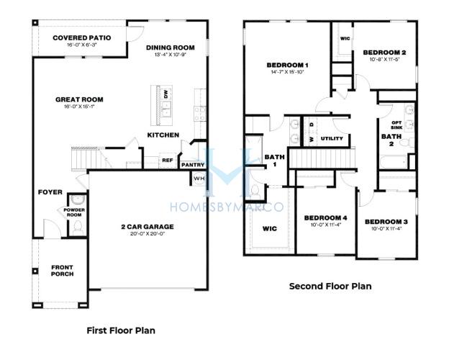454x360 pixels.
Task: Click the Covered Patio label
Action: (x=82, y=37)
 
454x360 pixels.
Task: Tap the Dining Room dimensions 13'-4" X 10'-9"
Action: (x=170, y=55)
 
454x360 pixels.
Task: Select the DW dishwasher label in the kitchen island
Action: (x=166, y=94)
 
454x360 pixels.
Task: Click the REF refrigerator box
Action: (x=168, y=161)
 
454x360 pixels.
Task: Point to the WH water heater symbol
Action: (x=199, y=179)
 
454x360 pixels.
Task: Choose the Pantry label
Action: (x=193, y=165)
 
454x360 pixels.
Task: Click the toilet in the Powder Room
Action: (x=78, y=228)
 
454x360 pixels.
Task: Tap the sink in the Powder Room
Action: (x=78, y=199)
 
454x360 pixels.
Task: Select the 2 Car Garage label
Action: (x=147, y=227)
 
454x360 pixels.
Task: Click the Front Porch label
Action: (x=63, y=271)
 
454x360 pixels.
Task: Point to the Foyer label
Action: (x=50, y=192)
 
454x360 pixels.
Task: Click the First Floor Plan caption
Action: (x=121, y=330)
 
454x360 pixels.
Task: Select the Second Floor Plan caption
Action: (x=330, y=287)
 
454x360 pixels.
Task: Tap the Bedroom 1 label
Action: (x=287, y=66)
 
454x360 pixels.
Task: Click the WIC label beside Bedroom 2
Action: (x=345, y=39)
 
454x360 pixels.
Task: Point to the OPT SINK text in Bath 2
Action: (x=396, y=125)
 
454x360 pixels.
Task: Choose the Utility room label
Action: (x=332, y=138)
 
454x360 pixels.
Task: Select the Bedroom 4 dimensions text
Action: (x=326, y=225)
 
